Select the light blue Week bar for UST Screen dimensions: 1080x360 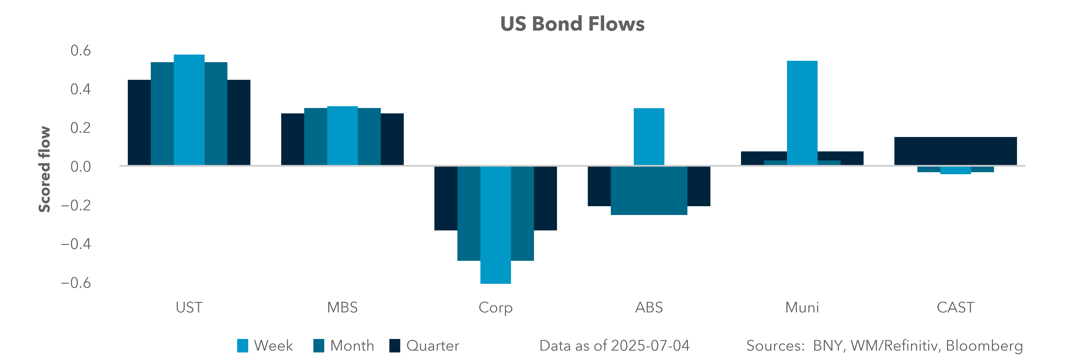click(189, 110)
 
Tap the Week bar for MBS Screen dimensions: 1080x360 click(343, 136)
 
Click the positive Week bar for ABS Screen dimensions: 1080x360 click(649, 137)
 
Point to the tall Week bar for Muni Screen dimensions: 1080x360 click(802, 113)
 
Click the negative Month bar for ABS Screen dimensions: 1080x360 click(649, 191)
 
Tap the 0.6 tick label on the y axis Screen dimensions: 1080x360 click(80, 51)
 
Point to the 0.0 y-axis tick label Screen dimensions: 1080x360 click(80, 167)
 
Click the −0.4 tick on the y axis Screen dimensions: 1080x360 click(76, 244)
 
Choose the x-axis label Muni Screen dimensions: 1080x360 click(802, 308)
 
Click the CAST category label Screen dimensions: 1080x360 click(955, 308)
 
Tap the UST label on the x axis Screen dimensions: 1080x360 click(189, 308)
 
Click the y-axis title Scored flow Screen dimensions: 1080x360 click(44, 169)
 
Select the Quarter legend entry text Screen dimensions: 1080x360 click(433, 346)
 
